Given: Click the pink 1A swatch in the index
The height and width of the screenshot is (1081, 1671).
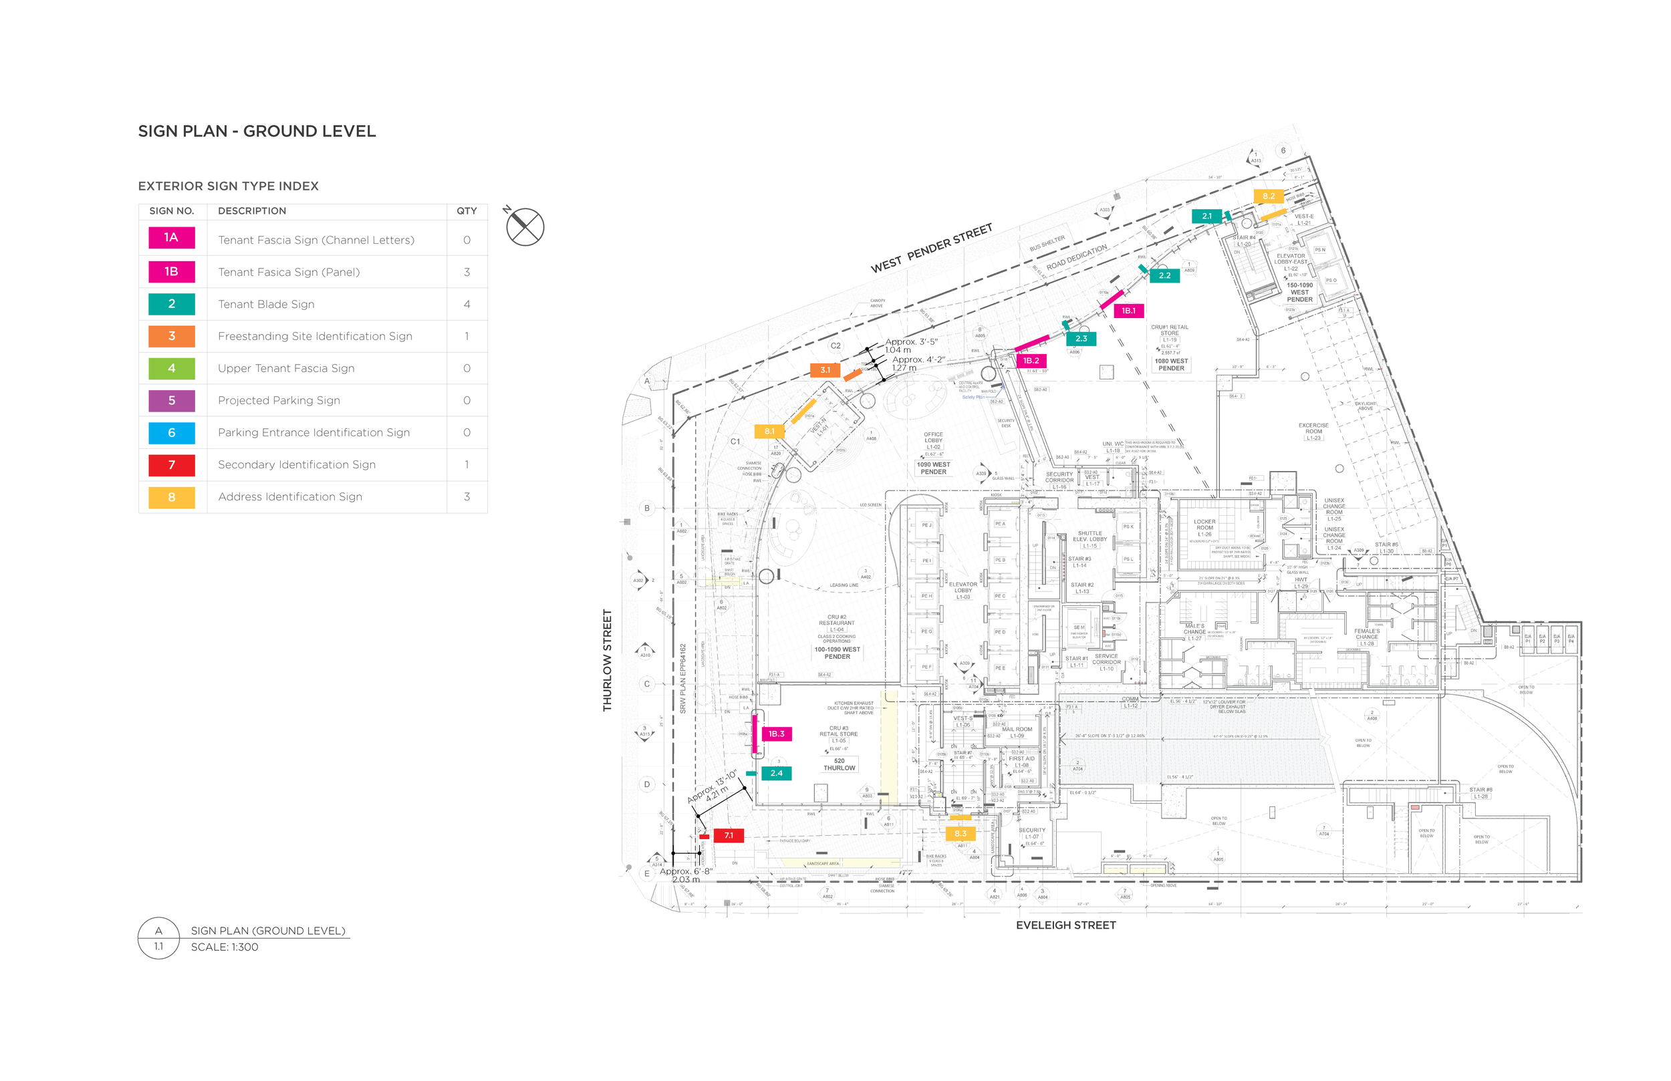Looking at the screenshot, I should tap(171, 238).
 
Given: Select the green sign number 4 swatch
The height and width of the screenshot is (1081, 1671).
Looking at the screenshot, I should tap(171, 369).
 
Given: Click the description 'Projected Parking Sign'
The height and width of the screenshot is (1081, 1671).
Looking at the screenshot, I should tap(279, 401).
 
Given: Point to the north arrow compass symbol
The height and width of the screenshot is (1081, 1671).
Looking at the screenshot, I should tap(525, 226).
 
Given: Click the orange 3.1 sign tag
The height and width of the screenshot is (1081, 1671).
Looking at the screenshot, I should tap(825, 370).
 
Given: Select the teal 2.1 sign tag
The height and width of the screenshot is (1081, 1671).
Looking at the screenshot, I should tap(1206, 216).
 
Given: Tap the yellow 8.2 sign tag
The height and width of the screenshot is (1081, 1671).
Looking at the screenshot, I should tap(1269, 196).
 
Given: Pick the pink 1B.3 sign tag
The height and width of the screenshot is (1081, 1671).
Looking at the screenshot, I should tap(776, 734).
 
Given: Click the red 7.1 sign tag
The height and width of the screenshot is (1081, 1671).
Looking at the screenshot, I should tap(729, 836).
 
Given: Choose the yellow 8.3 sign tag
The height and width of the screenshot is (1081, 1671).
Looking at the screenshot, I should tap(960, 834).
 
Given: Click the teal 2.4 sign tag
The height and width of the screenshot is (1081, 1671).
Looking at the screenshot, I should tap(777, 774).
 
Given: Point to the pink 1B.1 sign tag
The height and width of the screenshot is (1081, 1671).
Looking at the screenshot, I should tap(1128, 311).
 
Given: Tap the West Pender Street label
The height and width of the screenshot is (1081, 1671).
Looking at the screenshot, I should tap(932, 249).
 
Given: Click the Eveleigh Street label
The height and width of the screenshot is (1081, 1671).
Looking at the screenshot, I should tap(1066, 926).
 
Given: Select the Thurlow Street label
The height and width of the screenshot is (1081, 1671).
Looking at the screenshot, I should tap(608, 661).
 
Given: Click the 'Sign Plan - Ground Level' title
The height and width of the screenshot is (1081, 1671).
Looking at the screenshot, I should tap(257, 131).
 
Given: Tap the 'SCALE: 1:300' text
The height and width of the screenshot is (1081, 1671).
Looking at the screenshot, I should tap(225, 947).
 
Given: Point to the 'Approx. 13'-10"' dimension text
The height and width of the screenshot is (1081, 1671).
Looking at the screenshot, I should tap(711, 786).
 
